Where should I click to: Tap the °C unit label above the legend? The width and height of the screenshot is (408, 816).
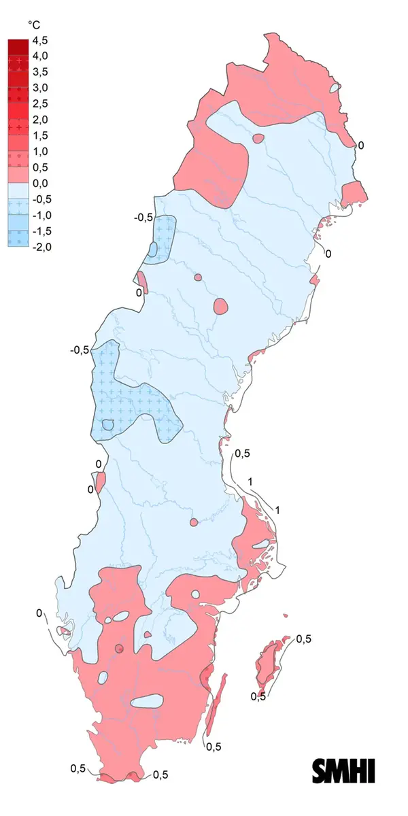[x=35, y=24]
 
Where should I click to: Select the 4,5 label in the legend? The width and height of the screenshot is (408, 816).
[x=41, y=40]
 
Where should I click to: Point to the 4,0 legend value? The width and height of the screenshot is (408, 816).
[x=41, y=56]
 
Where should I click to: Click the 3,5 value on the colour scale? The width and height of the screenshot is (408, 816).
[x=41, y=72]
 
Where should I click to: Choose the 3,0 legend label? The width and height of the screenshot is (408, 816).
[x=41, y=88]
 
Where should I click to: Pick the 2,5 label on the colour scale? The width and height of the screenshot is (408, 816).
[x=41, y=103]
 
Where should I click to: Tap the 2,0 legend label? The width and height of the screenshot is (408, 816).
[x=41, y=120]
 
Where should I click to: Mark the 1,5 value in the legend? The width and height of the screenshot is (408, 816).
[x=41, y=135]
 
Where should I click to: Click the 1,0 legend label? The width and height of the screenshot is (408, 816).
[x=41, y=151]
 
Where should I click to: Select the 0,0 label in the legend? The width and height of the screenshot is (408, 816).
[x=41, y=183]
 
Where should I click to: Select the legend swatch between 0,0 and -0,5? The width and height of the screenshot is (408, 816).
[x=18, y=190]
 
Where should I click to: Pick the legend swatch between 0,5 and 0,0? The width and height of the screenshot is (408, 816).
[x=18, y=175]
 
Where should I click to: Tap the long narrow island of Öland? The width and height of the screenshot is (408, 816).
[x=213, y=707]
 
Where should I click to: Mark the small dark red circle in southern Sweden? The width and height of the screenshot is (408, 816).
[x=120, y=648]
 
